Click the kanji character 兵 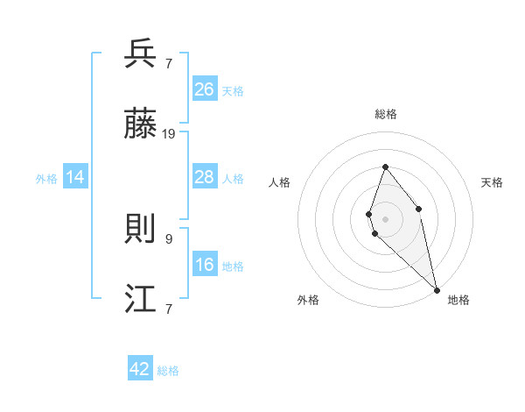coord(142,54)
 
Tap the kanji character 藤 coord(142,125)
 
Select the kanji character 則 coord(142,230)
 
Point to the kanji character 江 coord(142,301)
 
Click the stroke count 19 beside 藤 coord(169,134)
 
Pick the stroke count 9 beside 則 coord(168,238)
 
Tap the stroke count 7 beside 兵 coord(168,63)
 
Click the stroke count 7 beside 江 coord(168,309)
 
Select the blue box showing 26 coord(205,89)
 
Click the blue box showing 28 coord(205,177)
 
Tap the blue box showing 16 coord(205,265)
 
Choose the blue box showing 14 coord(76,177)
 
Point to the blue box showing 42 coord(140,369)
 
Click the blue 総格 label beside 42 coord(168,371)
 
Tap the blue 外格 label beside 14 coord(46,179)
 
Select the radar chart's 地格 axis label coord(458,301)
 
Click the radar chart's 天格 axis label coord(493,182)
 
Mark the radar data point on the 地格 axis coord(437,289)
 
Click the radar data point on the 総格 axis coord(385,167)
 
